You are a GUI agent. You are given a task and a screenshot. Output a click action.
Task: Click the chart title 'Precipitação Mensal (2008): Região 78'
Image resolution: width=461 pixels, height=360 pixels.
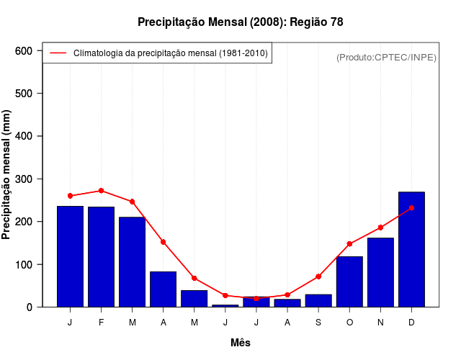coord(241,22)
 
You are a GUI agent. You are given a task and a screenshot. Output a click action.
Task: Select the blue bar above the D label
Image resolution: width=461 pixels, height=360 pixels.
coord(411,249)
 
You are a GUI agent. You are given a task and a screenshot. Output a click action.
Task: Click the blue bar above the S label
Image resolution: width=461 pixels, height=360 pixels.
coord(318,300)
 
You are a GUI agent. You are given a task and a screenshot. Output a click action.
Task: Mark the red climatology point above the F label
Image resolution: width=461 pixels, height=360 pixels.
coord(101,191)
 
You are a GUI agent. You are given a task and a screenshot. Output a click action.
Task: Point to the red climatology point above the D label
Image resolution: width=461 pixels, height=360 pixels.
coord(411,208)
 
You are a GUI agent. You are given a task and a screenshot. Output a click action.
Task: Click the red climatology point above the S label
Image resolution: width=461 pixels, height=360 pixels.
coord(318,276)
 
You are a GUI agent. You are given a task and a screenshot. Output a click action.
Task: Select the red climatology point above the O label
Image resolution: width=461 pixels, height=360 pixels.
coord(349,244)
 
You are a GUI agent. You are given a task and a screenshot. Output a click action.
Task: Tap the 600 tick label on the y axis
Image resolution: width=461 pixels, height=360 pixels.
coord(24,51)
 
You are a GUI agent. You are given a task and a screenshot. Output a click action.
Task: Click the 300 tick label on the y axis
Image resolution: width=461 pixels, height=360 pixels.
coord(24,179)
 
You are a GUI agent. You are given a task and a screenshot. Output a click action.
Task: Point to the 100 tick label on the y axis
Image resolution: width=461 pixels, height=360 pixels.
coord(24,265)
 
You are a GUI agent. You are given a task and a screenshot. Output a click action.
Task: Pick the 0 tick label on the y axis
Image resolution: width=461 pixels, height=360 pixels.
coord(30,307)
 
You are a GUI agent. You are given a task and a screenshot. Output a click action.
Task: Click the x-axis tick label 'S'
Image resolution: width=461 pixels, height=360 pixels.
coord(318,323)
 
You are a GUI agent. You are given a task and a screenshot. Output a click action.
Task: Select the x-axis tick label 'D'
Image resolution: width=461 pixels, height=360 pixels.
coord(411,323)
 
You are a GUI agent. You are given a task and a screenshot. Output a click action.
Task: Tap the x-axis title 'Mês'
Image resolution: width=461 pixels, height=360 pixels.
coord(241,343)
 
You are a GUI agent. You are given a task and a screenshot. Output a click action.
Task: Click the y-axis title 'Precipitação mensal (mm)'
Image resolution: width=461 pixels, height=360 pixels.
coord(7,175)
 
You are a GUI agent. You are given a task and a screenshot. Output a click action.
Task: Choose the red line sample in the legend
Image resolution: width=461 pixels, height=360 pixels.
coord(58,53)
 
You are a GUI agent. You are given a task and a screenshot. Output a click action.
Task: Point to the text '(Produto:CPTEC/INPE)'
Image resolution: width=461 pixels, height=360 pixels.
coord(387,57)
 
